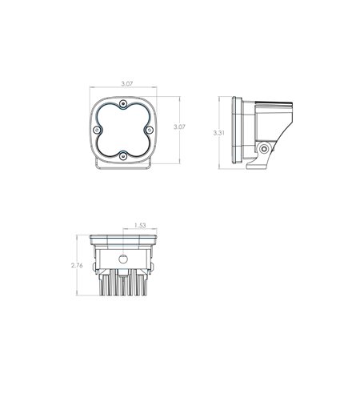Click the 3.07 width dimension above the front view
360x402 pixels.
127,84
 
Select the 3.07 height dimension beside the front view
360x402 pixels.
179,127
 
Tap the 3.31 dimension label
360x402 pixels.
219,133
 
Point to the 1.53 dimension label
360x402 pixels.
140,226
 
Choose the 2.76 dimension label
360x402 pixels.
77,265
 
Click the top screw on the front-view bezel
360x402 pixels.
123,104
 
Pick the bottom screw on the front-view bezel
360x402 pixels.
123,156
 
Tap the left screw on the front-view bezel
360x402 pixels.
97,130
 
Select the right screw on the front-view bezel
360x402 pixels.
149,130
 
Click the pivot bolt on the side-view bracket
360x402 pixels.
265,149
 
